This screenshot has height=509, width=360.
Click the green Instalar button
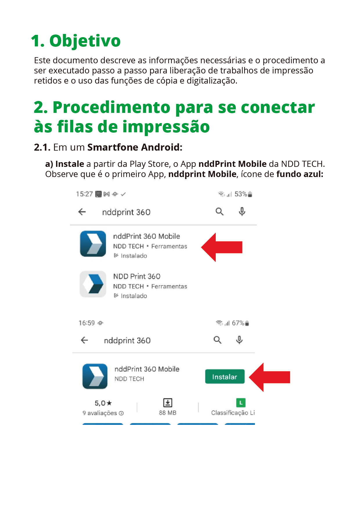pyautogui.click(x=225, y=376)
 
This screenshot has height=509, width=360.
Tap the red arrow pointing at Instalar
pyautogui.click(x=270, y=377)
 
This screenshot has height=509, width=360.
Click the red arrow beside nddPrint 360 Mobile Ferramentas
pyautogui.click(x=222, y=247)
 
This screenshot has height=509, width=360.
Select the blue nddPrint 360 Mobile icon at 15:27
pyautogui.click(x=93, y=244)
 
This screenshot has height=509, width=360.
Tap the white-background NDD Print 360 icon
pyautogui.click(x=93, y=284)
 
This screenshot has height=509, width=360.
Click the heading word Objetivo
pyautogui.click(x=85, y=41)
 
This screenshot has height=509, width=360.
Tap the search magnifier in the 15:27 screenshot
pyautogui.click(x=219, y=212)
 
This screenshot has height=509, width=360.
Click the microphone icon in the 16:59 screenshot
pyautogui.click(x=239, y=340)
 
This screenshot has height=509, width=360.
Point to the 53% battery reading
pyautogui.click(x=241, y=194)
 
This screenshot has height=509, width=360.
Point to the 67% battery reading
pyautogui.click(x=238, y=323)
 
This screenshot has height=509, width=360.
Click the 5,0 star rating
pyautogui.click(x=103, y=403)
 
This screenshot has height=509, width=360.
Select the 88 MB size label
pyautogui.click(x=168, y=413)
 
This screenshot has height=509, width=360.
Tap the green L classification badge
pyautogui.click(x=241, y=402)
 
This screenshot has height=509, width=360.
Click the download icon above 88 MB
pyautogui.click(x=168, y=402)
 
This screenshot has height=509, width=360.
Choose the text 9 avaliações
pyautogui.click(x=100, y=413)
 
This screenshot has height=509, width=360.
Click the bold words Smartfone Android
pyautogui.click(x=135, y=147)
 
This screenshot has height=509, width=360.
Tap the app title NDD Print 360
pyautogui.click(x=137, y=276)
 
